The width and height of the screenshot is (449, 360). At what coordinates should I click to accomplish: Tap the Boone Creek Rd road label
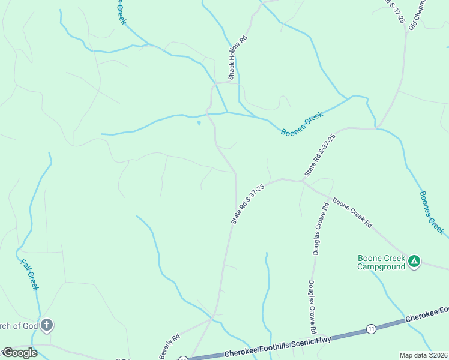coord(352,212)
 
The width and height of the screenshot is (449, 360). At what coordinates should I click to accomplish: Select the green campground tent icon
coord(414,261)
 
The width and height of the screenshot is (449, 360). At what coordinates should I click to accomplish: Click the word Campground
coord(381,266)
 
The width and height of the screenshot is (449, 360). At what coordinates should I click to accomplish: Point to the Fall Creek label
coord(29,275)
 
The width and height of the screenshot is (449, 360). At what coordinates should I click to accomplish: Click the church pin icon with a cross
coord(47,326)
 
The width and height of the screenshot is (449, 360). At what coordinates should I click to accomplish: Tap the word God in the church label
coord(31,326)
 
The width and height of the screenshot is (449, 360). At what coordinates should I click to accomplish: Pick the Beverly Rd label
coord(169,347)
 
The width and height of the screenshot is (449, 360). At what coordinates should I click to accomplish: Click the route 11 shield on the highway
coord(372,329)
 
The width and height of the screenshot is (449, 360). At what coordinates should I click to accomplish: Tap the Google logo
coord(19,353)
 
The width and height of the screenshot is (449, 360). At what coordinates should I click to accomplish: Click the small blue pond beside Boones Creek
coord(199,124)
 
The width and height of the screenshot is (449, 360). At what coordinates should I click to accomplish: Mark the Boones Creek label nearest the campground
coord(432,213)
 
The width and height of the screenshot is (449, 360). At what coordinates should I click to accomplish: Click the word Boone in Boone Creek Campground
coord(370,258)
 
